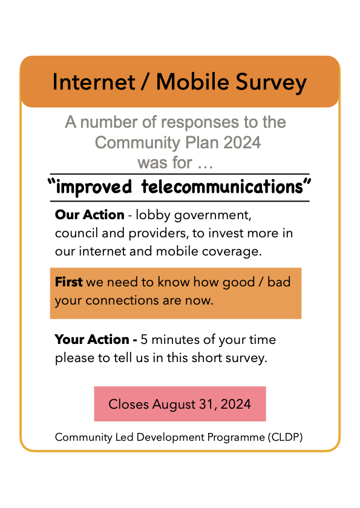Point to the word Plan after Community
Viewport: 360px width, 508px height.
[204, 143]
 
